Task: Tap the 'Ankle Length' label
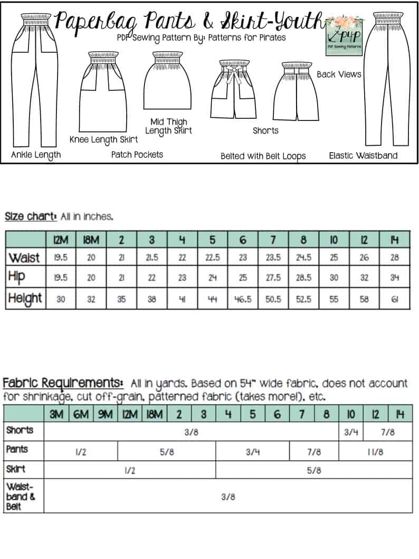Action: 36,155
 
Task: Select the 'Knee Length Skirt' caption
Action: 104,139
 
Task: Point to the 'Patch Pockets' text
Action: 137,154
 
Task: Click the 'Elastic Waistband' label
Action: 363,155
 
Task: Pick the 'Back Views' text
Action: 339,74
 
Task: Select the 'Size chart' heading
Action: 30,216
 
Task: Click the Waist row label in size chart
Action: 25,257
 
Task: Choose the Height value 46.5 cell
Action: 243,299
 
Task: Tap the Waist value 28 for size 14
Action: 394,257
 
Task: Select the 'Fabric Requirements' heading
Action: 63,383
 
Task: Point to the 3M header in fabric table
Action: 56,414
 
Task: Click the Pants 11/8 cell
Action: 375,451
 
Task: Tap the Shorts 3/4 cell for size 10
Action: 351,432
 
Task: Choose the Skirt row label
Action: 16,469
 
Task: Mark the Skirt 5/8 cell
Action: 313,470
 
